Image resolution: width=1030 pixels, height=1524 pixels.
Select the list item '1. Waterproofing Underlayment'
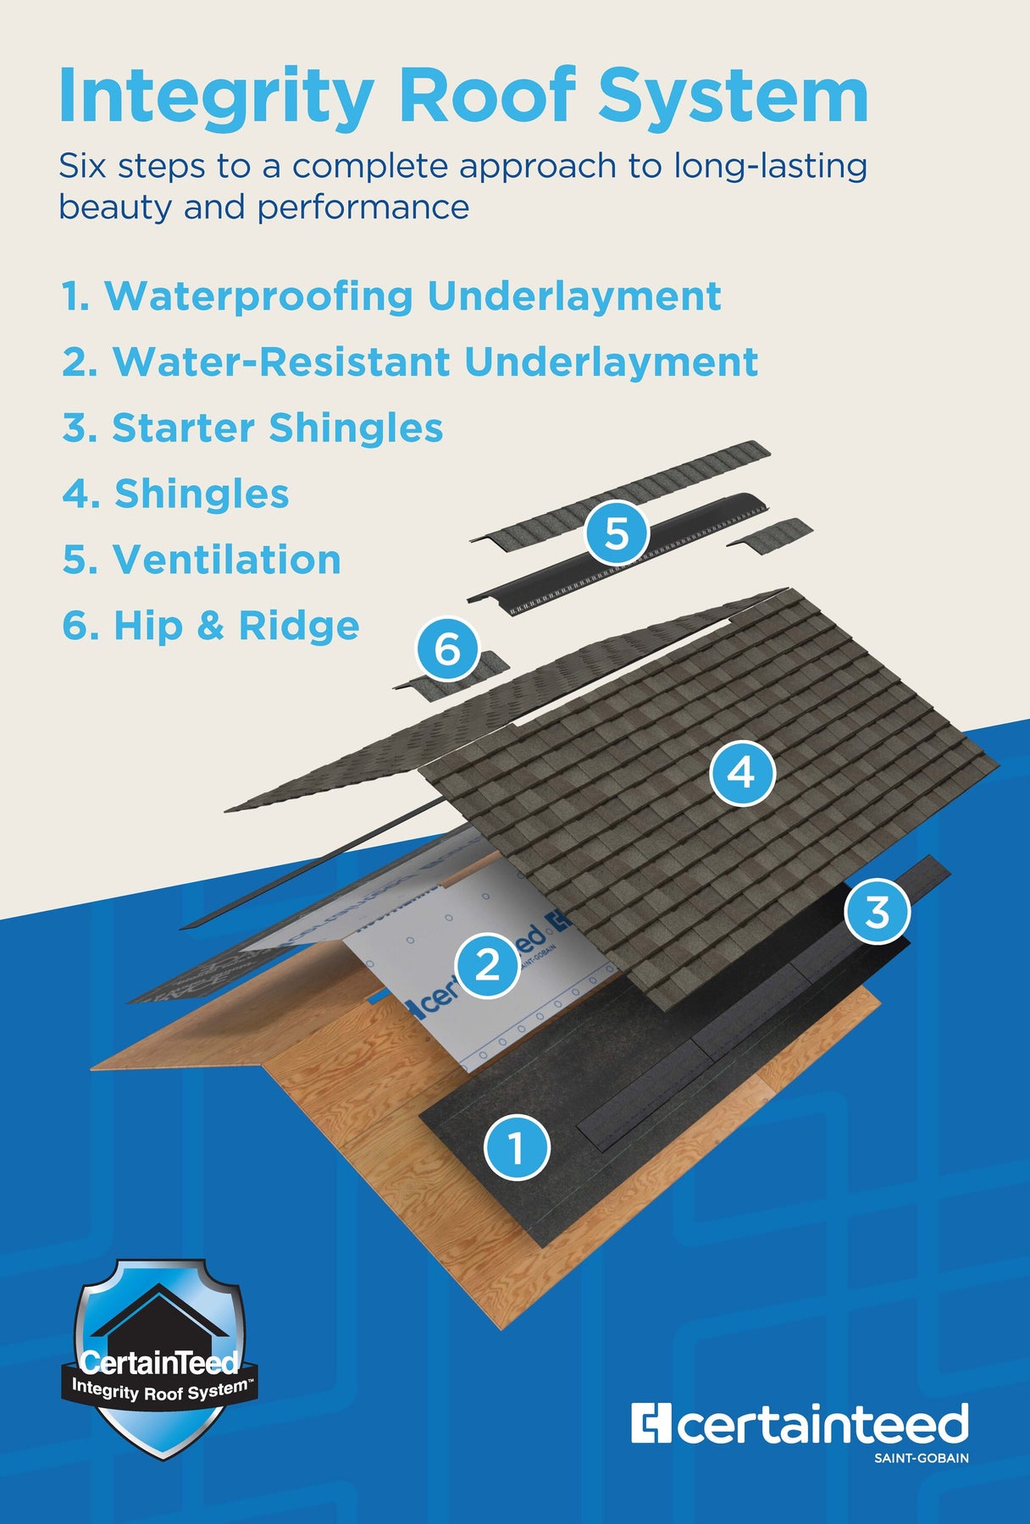point(391,296)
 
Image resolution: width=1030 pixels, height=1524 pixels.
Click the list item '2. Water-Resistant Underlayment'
point(410,362)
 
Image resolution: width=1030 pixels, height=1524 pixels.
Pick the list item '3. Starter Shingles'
point(252,428)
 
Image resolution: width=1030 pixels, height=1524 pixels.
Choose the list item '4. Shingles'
point(175,494)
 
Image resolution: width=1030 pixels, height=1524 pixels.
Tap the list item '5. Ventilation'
point(202,560)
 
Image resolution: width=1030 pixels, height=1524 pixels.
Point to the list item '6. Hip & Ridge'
point(211,626)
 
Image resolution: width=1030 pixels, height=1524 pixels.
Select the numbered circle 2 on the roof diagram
point(488,964)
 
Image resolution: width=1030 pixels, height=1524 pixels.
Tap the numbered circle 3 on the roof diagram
point(878,911)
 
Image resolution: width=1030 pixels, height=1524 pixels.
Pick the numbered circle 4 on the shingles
point(742,772)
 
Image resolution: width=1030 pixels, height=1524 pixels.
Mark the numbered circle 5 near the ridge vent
point(617,533)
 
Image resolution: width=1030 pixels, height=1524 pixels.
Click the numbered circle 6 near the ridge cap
point(447,649)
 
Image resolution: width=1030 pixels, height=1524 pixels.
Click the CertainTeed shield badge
point(159,1360)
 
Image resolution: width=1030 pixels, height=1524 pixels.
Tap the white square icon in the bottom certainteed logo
point(651,1422)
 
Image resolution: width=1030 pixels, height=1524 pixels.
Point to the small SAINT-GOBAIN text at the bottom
point(922,1458)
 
